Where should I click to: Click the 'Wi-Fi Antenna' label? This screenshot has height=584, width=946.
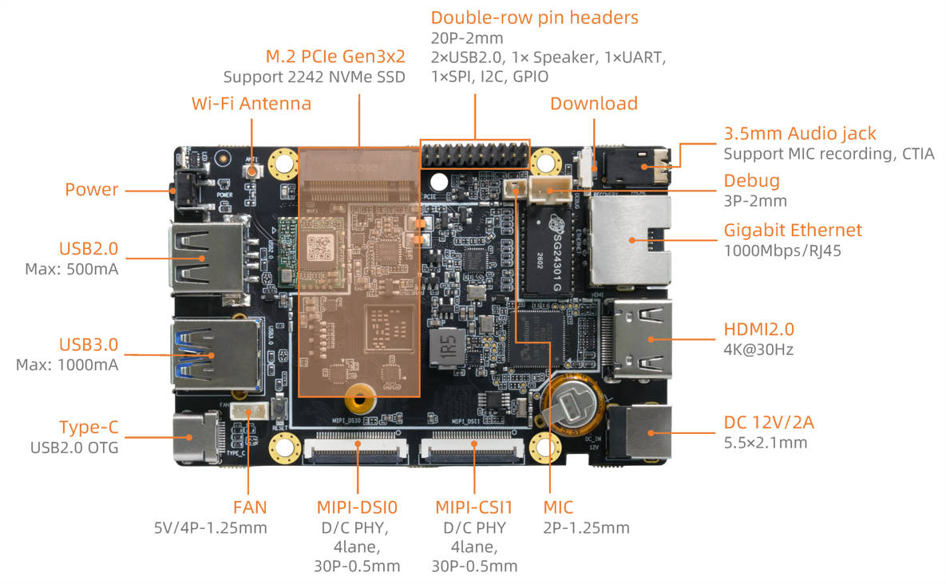[x=251, y=104]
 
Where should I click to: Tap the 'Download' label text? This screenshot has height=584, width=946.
[x=594, y=104]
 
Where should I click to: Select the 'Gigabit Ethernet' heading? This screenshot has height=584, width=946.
[x=793, y=231]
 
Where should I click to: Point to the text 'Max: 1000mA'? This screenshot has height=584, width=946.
[x=67, y=365]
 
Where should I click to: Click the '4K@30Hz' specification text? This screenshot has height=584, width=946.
[x=758, y=349]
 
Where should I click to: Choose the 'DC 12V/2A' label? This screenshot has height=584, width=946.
[x=769, y=423]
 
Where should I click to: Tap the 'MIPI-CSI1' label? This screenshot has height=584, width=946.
[x=473, y=507]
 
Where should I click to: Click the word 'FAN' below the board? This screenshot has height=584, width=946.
[x=250, y=507]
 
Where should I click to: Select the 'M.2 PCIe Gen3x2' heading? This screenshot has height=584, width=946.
[x=335, y=57]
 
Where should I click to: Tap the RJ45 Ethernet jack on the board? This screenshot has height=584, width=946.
[x=631, y=241]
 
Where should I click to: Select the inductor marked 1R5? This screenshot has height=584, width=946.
[x=447, y=348]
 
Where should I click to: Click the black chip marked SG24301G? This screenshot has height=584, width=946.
[x=549, y=252]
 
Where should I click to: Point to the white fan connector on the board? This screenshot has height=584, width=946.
[x=249, y=412]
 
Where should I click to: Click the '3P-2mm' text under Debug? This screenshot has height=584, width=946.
[x=755, y=201]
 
